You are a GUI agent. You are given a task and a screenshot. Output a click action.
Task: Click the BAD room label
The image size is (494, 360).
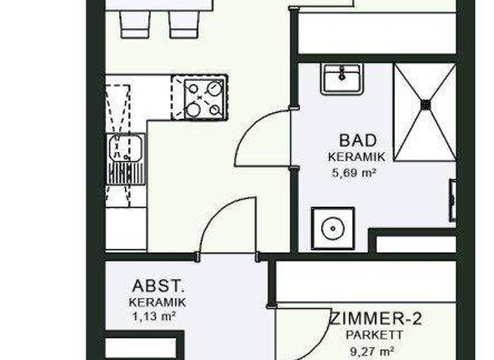coord(357,140)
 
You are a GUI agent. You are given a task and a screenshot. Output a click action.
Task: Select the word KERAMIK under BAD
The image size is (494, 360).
coord(356,157)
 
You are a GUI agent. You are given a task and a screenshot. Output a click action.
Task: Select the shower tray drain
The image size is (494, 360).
coord(425,103)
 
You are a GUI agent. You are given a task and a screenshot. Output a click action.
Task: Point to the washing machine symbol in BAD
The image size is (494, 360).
coord(332,227)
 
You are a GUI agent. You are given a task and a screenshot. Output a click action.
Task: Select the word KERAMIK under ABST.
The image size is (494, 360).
coord(157,302)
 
